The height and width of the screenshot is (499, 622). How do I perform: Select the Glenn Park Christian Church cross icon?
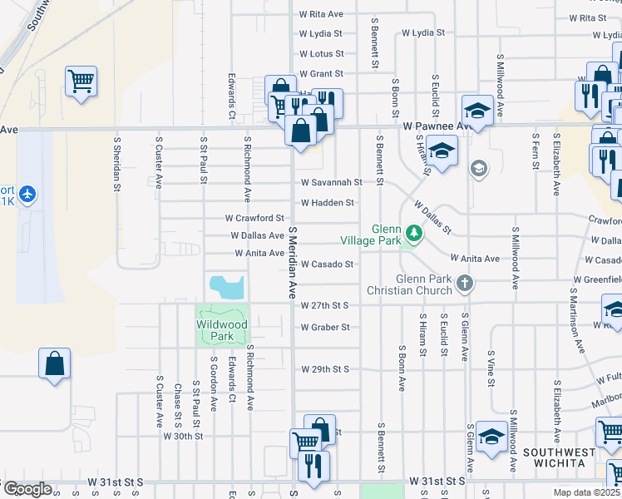point(465,284)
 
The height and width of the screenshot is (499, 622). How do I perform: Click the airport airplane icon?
point(29,194)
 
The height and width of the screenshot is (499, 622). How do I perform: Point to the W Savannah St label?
point(331,182)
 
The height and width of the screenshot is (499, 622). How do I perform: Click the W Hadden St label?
point(328,202)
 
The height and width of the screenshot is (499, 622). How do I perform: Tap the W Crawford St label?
point(255,218)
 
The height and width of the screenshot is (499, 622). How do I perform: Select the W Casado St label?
point(328,264)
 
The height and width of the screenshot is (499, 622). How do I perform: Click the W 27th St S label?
point(324,306)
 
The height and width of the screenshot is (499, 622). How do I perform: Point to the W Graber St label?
point(325,327)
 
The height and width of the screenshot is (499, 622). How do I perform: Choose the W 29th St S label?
point(325,368)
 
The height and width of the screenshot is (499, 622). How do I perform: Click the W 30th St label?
point(183,436)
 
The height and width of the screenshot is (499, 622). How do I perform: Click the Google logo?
point(27,489)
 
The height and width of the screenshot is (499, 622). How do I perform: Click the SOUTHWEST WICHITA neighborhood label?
point(559,458)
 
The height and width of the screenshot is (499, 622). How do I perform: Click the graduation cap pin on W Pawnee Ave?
point(477,110)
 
